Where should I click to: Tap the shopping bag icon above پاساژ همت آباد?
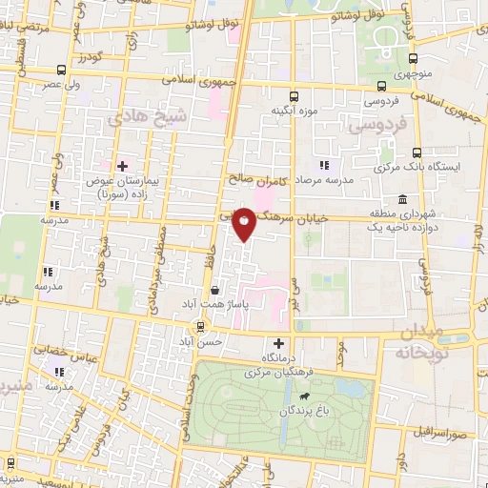tap(217, 290)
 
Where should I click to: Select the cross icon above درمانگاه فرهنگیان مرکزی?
tap(278, 343)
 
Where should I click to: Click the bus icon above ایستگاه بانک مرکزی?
tap(417, 152)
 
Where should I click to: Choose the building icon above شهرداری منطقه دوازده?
tap(403, 200)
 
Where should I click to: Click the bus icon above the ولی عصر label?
tap(62, 70)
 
